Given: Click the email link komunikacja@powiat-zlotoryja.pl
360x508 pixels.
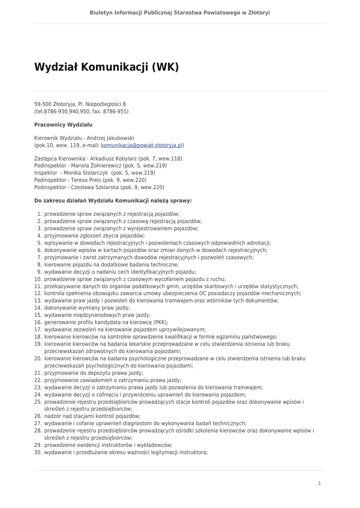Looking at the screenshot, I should click(x=142, y=145).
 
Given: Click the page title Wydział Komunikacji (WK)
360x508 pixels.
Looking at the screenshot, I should click(x=106, y=67).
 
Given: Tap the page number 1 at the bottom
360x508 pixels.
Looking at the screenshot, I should click(x=319, y=483).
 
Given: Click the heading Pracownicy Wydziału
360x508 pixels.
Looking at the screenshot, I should click(x=63, y=125).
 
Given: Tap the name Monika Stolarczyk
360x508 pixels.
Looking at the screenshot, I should click(x=85, y=173).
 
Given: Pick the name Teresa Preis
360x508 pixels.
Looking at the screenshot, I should click(x=86, y=180).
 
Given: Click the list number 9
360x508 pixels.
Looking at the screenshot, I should click(x=39, y=271).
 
